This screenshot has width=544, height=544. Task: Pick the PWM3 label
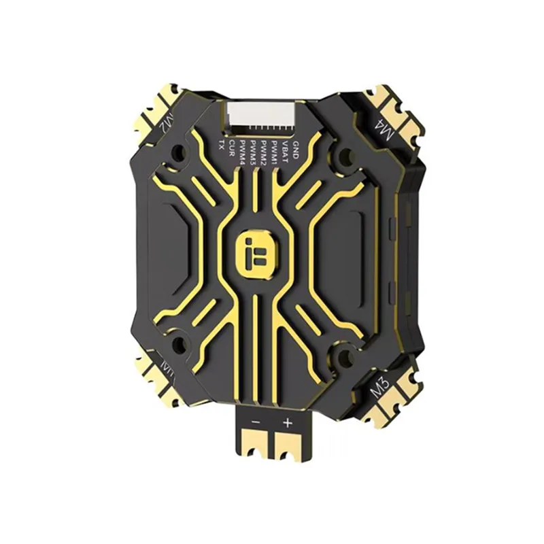(x=253, y=149)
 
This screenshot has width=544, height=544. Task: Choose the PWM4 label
(x=243, y=150)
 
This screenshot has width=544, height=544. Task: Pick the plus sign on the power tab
(x=287, y=422)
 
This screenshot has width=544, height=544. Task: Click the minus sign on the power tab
(x=256, y=422)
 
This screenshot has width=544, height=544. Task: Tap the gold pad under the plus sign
(x=288, y=444)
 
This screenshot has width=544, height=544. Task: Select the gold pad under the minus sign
(x=256, y=444)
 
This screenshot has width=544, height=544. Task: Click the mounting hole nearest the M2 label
(x=180, y=154)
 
